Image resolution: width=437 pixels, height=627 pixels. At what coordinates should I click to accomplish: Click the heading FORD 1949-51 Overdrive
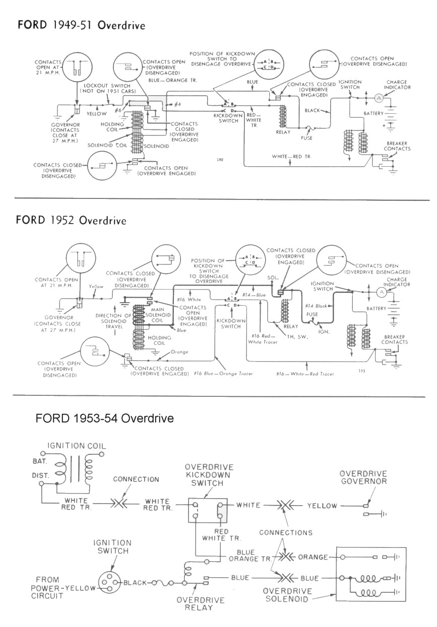click(x=81, y=25)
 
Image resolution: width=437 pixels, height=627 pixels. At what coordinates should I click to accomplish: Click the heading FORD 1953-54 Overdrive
click(x=105, y=419)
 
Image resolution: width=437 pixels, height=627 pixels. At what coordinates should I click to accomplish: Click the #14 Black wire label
click(x=316, y=306)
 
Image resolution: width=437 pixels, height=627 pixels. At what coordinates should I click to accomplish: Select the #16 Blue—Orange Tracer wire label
click(x=223, y=373)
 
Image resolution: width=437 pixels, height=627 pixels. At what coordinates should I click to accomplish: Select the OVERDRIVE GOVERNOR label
click(x=363, y=477)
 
